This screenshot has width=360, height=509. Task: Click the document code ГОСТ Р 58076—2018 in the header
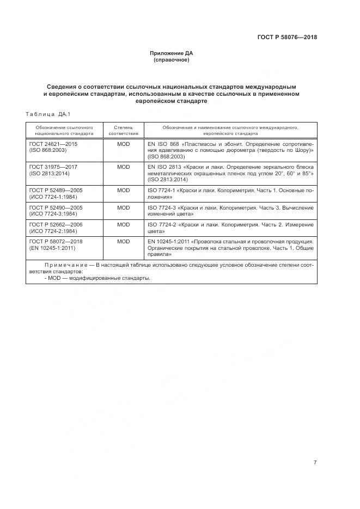click(286, 38)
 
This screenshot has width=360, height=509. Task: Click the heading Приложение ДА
click(172, 53)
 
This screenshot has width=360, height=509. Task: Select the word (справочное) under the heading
click(172, 60)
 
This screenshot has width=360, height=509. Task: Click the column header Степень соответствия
click(123, 130)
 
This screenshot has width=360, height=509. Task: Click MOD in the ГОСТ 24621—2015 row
click(124, 144)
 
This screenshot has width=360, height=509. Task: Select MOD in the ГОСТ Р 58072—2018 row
click(124, 241)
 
